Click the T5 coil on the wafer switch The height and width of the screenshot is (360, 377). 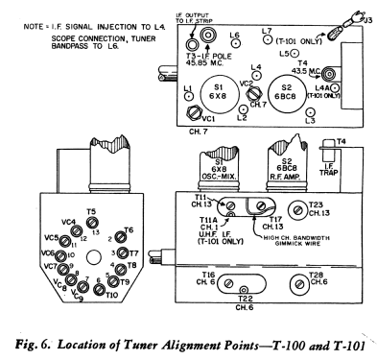(91, 224)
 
